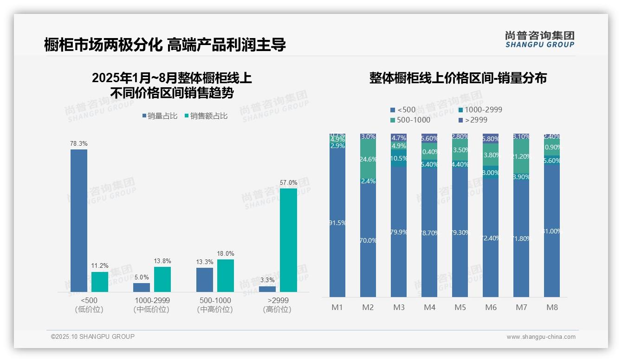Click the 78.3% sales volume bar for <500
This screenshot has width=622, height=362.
79,220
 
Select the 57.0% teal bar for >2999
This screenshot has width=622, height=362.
288,240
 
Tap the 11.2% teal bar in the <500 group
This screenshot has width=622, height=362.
100,282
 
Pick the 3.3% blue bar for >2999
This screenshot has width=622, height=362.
267,289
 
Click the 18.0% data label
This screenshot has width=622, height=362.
226,254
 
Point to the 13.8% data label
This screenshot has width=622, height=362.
162,261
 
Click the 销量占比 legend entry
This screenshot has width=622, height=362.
160,116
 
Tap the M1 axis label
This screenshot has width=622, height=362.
337,308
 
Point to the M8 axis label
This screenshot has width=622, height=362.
552,308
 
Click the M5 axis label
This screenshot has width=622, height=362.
460,308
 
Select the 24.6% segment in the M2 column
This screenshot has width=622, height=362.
368,159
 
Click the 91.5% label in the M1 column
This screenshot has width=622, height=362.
337,223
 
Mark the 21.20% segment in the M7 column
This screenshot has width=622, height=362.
521,156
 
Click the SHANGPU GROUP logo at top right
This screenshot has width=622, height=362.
539,39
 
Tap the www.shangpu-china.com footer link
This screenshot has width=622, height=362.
541,337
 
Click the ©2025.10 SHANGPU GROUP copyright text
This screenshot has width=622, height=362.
93,336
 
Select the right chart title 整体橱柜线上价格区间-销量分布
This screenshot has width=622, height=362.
458,78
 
